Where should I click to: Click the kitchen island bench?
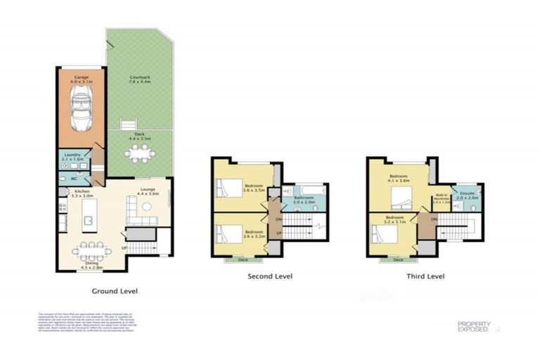pyautogui.click(x=89, y=222)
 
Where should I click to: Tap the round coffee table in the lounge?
pyautogui.click(x=147, y=207)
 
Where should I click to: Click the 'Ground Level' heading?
pyautogui.click(x=115, y=290)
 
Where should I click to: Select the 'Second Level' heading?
pyautogui.click(x=270, y=276)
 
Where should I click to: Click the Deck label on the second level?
pyautogui.click(x=243, y=259)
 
